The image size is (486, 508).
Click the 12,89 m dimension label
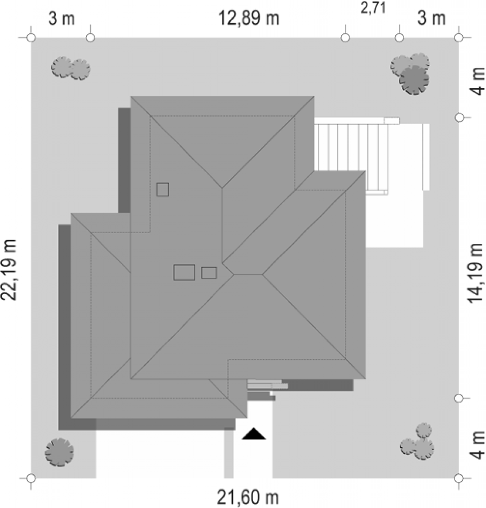[x=249, y=18]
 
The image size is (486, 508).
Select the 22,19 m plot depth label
[x=10, y=270]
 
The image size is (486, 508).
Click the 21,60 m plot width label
[x=248, y=498]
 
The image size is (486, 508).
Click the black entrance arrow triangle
[x=254, y=434]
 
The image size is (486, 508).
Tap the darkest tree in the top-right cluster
[x=414, y=80]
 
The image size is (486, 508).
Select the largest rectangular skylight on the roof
[x=184, y=272]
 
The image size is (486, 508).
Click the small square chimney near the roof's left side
[x=163, y=189]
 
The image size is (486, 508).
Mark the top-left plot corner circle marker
[x=31, y=38]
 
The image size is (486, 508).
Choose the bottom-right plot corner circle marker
[x=459, y=478]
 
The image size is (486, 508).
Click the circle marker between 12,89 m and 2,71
[x=345, y=38]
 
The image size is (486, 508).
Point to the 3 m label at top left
[x=62, y=19]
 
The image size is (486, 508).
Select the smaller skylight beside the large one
[x=209, y=273]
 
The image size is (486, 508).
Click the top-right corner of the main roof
[x=314, y=96]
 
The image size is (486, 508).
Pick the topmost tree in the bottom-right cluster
[x=424, y=430]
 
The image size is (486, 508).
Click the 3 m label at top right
[x=432, y=19]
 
